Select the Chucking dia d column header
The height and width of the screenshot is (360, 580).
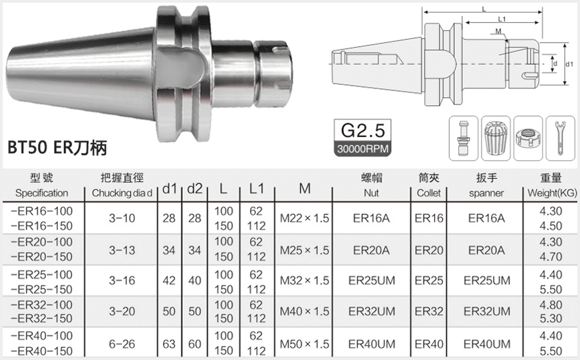121,193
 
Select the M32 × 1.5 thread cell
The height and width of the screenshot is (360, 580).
305,280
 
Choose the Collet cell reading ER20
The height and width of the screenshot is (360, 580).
429,250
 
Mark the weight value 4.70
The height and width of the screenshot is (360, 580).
551,257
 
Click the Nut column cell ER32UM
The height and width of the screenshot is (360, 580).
372,312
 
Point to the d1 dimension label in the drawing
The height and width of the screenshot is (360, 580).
568,64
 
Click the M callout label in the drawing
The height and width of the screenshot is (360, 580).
498,32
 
